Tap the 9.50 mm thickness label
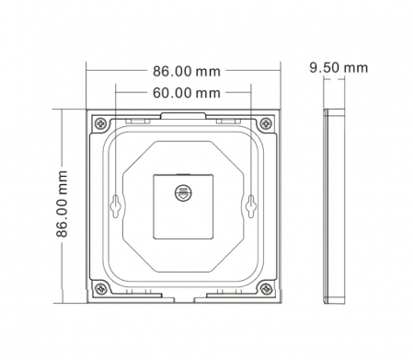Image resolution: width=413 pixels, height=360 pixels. click(338, 68)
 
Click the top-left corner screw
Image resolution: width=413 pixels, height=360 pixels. click(99, 122)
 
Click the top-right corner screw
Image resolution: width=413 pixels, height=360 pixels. click(267, 122)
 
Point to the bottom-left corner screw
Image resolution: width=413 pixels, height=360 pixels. click(99, 287)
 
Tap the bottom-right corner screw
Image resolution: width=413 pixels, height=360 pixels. click(267, 287)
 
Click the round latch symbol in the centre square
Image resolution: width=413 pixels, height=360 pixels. click(183, 192)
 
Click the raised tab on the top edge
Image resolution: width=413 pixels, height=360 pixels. click(183, 114)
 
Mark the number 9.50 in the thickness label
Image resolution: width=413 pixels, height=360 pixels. click(326, 68)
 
